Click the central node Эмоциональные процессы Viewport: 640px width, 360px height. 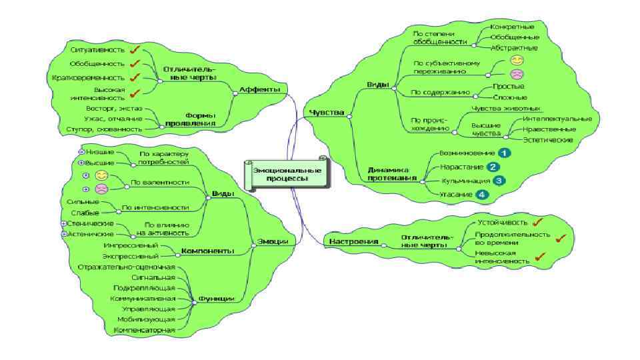288,175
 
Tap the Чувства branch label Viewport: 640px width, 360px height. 327,113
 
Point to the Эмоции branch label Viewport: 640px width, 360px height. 273,242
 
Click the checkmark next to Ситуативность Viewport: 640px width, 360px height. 135,49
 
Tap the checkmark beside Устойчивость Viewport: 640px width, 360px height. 537,222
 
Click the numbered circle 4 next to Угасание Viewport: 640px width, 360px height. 482,195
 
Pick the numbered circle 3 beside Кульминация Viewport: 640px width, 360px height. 498,180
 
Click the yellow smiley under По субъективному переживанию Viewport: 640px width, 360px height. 516,61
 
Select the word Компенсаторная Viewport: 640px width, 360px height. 145,330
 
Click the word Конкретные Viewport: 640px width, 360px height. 512,27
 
